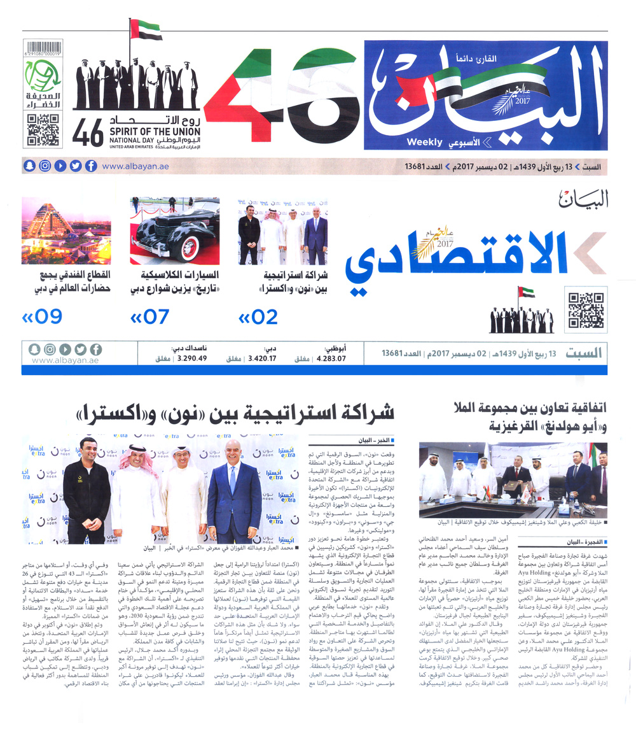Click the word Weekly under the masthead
tap(424, 142)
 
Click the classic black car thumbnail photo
tap(175, 230)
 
